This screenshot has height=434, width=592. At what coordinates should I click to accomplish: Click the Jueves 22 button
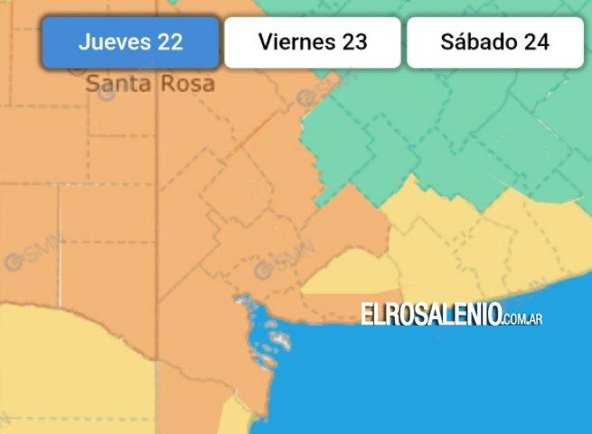click(130, 42)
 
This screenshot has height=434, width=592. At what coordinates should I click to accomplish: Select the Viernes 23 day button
click(312, 42)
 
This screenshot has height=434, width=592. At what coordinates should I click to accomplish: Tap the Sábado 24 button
click(494, 42)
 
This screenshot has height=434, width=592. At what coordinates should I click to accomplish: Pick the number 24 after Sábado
click(537, 42)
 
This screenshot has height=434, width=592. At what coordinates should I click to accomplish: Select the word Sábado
click(476, 42)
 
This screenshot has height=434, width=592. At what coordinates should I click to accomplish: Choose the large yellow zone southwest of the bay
click(72, 371)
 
